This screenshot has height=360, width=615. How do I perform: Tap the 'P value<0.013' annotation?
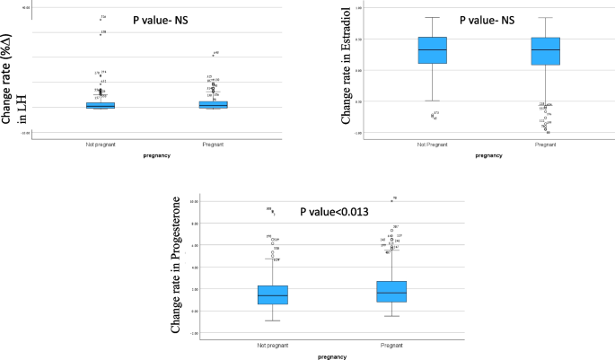(334, 213)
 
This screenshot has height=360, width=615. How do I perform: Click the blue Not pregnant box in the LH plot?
(100, 105)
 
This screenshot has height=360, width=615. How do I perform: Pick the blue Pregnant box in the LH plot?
(213, 104)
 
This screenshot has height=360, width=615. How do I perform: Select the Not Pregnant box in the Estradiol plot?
(433, 50)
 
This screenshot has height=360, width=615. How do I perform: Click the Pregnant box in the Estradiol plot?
(545, 51)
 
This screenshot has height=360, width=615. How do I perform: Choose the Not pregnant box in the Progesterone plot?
(272, 294)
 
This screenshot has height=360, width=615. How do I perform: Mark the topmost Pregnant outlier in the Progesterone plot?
(391, 200)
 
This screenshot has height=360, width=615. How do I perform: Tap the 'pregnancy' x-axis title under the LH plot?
(156, 155)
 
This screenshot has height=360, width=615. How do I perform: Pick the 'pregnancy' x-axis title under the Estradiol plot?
(488, 155)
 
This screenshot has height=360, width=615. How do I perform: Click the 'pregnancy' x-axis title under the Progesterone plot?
(331, 356)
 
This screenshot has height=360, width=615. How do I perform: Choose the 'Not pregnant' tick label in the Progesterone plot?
(272, 345)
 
